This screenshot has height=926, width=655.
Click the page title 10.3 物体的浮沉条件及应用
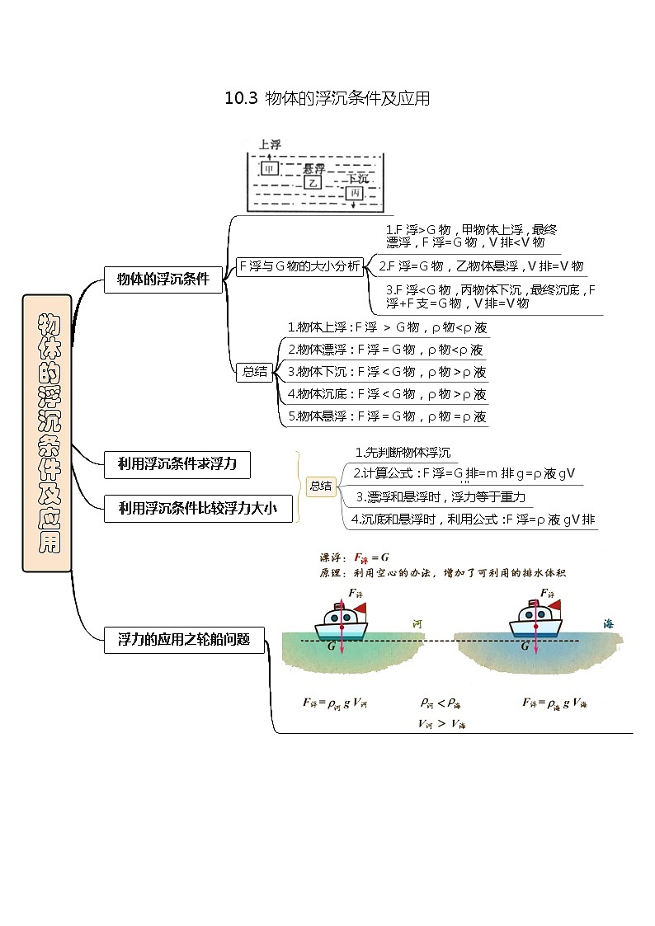(327, 99)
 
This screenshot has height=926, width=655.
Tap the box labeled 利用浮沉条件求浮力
(177, 464)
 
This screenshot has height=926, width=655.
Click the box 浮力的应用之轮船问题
(184, 639)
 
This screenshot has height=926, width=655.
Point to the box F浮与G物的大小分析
(299, 266)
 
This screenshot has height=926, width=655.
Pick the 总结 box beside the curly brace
(320, 487)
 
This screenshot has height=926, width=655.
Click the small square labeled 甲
(269, 168)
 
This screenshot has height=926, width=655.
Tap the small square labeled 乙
(312, 181)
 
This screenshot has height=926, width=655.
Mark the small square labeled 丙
(354, 193)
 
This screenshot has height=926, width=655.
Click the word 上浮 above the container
(270, 144)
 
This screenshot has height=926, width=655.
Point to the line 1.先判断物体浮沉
(403, 452)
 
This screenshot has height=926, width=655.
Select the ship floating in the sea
(536, 620)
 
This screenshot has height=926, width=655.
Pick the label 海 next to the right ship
(608, 625)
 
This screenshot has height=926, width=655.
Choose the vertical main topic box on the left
(47, 433)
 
